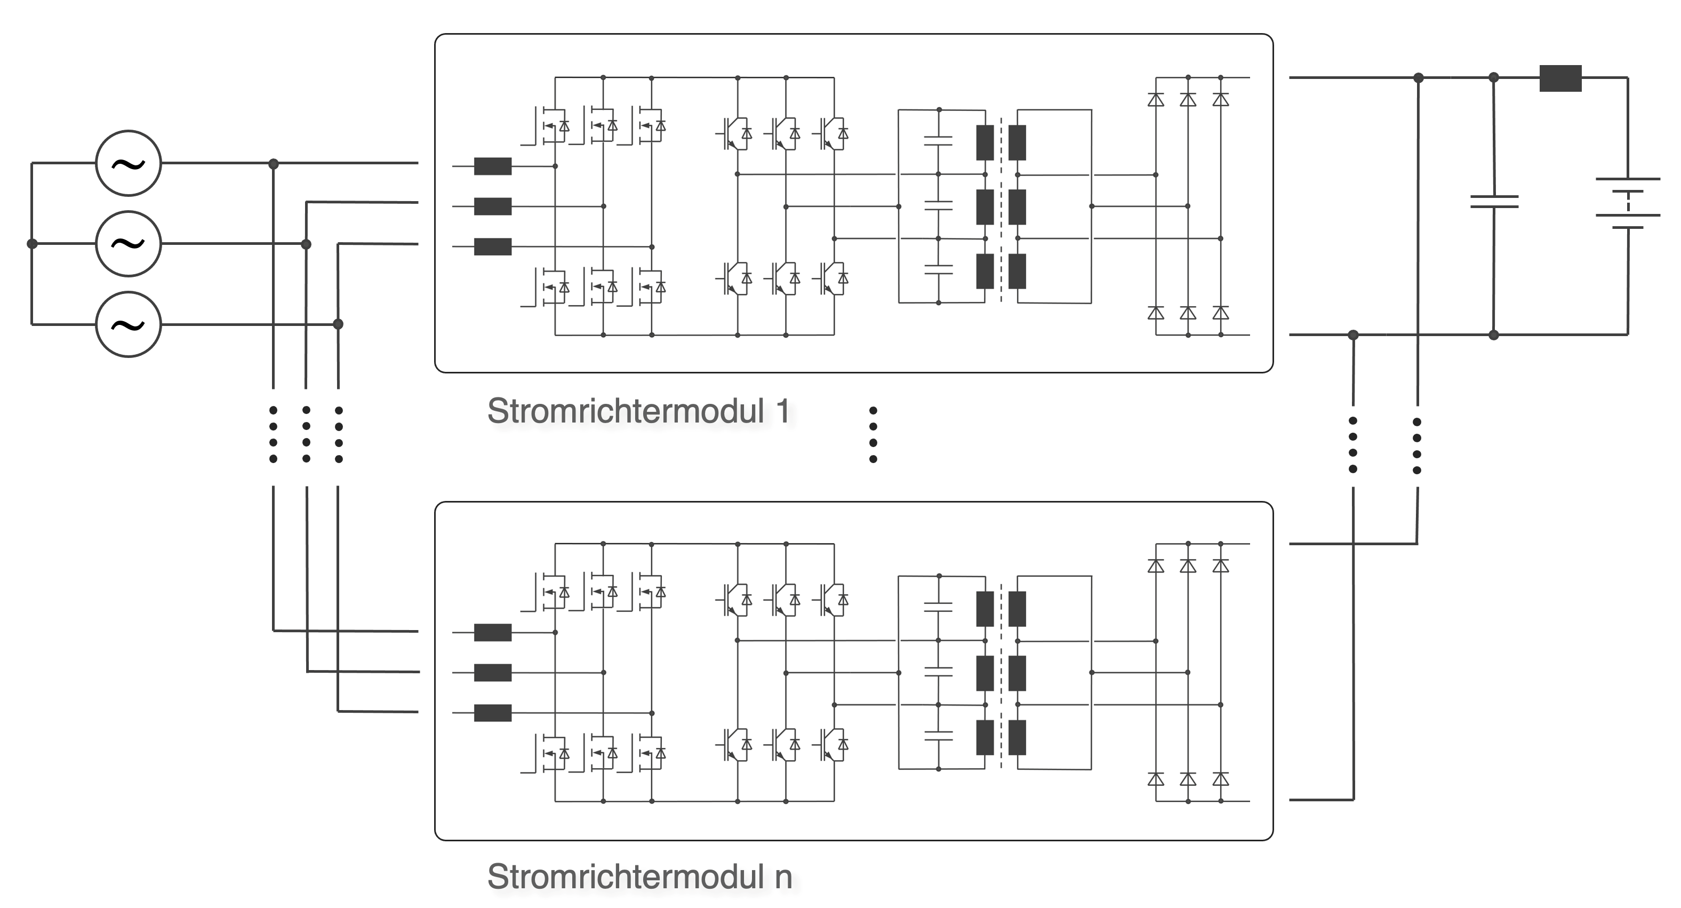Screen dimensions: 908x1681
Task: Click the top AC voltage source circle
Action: point(129,163)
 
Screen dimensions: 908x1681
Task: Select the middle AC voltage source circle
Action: point(129,243)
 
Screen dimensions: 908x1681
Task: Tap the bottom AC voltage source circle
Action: point(129,324)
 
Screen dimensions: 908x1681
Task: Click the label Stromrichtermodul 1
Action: point(638,411)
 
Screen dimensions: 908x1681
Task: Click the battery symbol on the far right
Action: point(1628,203)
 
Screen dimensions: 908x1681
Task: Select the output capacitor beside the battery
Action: point(1494,202)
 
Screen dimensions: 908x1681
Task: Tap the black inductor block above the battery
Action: point(1560,78)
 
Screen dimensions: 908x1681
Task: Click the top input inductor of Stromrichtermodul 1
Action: point(493,166)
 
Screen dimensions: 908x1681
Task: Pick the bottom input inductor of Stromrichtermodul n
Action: point(493,713)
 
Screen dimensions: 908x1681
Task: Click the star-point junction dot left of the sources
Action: point(32,243)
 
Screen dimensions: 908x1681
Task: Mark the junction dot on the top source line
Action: point(274,163)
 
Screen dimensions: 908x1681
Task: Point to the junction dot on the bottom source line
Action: point(338,324)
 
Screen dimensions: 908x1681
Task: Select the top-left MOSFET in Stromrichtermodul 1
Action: point(552,125)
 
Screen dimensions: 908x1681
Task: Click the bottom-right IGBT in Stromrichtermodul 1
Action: point(831,278)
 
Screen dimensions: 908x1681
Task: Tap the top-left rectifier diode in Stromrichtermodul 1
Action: point(1156,100)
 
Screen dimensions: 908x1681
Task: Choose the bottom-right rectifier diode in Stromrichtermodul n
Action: point(1220,779)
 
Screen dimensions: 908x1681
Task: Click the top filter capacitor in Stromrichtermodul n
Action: point(939,607)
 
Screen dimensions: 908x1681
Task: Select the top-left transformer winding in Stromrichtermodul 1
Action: point(984,142)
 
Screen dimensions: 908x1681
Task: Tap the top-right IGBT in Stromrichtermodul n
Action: point(831,599)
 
